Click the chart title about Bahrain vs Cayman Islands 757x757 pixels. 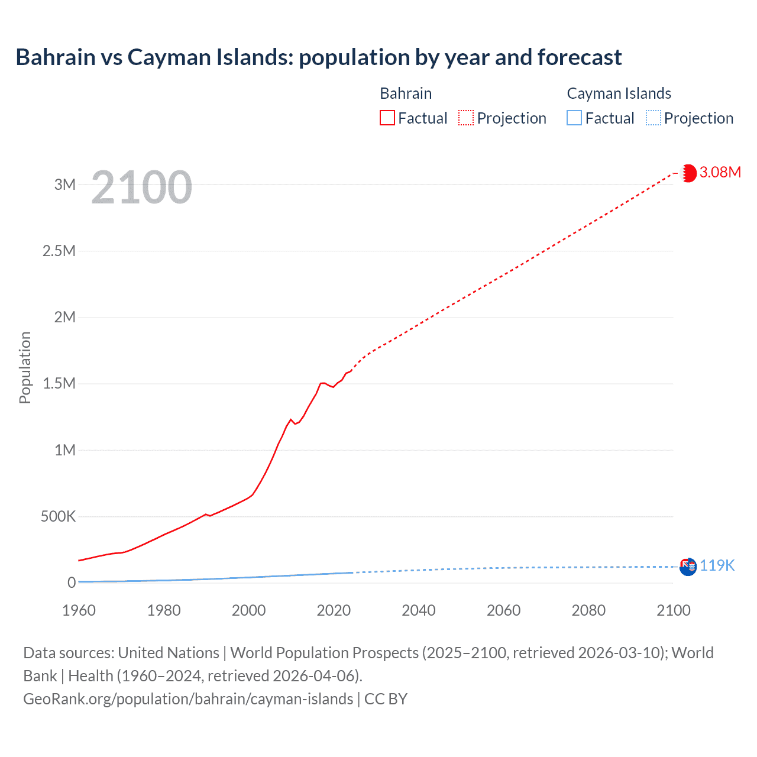319,57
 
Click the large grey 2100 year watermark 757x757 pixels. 142,187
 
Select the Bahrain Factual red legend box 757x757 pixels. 387,118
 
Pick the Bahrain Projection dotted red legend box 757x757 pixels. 466,118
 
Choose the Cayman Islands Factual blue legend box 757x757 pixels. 574,118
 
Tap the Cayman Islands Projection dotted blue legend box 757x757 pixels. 654,118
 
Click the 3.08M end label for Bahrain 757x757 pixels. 720,173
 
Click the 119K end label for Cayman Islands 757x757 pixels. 717,566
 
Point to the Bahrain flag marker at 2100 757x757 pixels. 688,173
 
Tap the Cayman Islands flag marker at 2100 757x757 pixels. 688,567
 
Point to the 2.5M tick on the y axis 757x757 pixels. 59,251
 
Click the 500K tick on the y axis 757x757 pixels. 58,517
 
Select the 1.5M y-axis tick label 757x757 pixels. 59,384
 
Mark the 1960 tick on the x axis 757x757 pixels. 79,610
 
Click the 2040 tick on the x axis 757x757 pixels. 419,610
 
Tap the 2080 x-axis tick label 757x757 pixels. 588,610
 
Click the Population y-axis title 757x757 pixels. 25,367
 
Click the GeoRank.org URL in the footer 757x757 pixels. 188,699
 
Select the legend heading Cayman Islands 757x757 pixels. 619,93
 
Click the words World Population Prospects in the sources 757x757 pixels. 324,653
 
